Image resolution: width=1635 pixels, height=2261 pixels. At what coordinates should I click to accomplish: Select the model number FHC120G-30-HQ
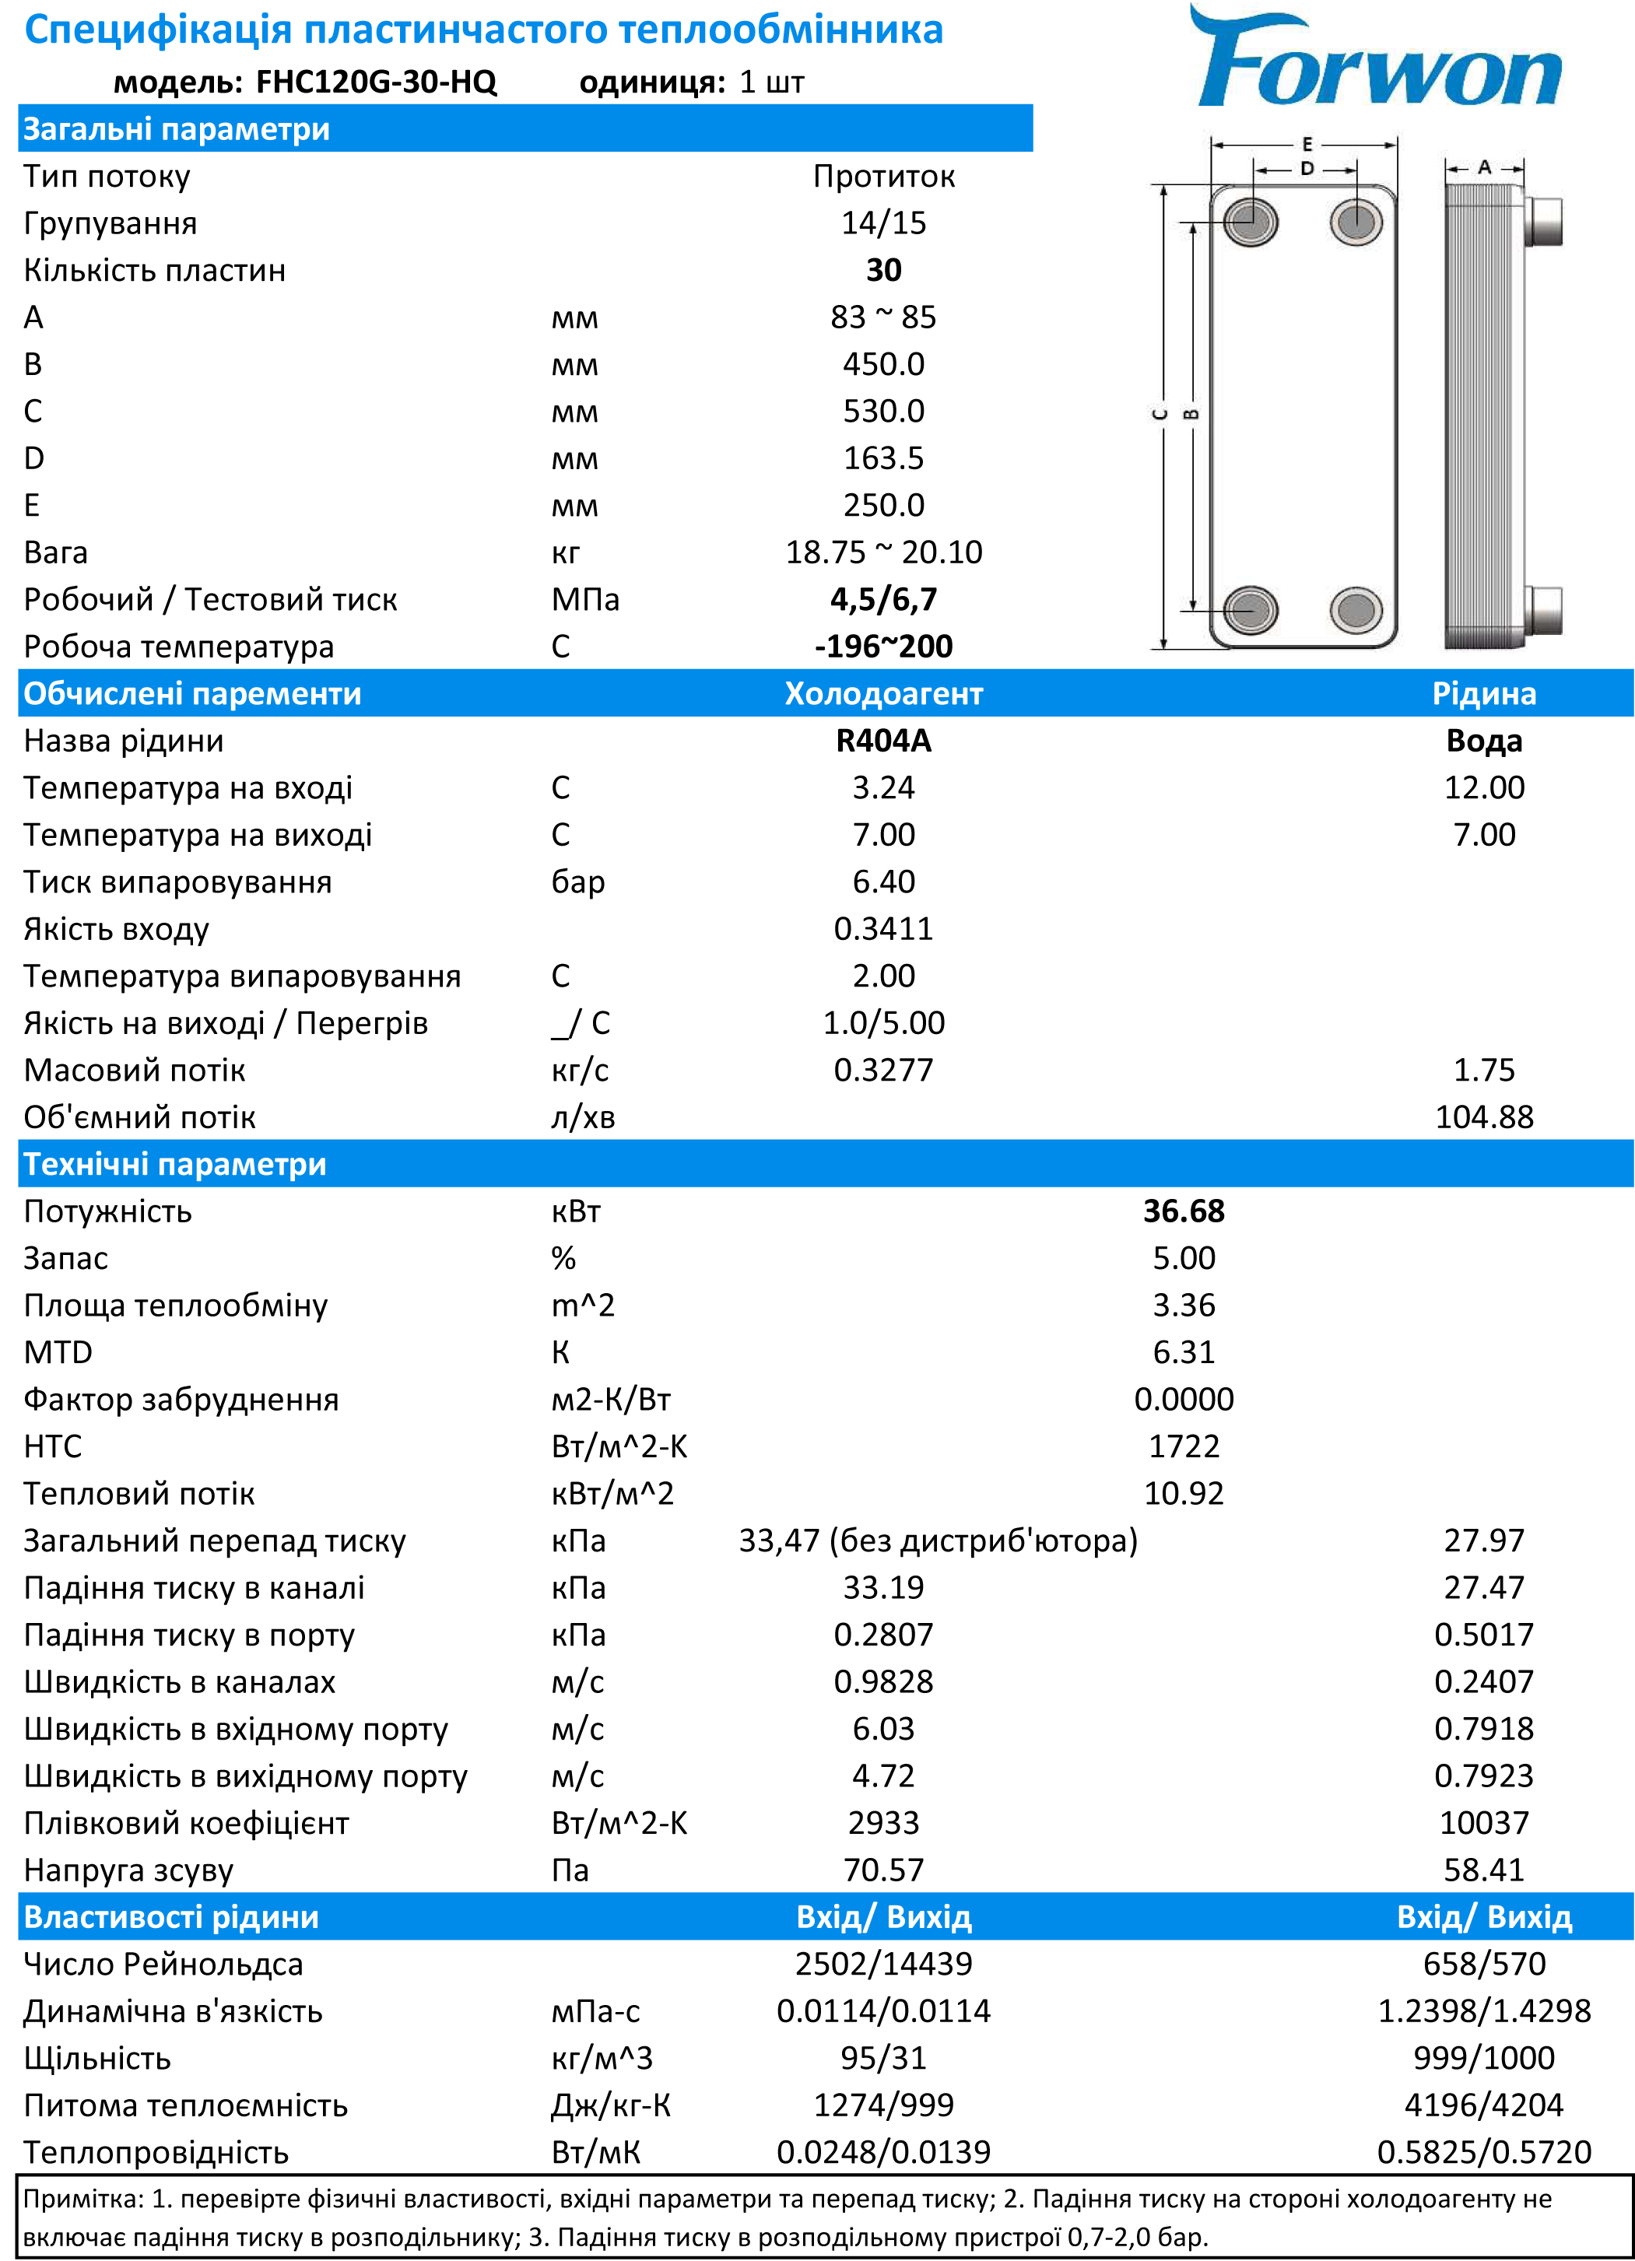click(376, 82)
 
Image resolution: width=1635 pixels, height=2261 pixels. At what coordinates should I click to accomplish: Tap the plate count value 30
click(883, 270)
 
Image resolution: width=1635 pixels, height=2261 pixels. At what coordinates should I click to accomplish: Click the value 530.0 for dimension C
click(883, 411)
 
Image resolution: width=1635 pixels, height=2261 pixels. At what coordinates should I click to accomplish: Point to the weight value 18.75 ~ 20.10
click(883, 552)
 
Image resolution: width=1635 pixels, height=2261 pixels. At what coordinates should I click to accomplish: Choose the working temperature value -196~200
click(883, 646)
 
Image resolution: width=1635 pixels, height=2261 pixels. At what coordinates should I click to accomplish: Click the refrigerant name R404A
click(883, 741)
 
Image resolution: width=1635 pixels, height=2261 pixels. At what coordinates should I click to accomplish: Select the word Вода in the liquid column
click(1483, 741)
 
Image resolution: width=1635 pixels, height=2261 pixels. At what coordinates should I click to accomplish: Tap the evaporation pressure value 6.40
click(883, 882)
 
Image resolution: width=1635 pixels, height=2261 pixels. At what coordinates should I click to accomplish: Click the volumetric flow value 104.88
click(1483, 1116)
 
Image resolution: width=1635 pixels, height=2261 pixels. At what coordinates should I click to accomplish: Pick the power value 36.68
click(1184, 1211)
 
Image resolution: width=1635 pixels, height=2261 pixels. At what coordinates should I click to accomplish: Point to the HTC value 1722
click(1184, 1446)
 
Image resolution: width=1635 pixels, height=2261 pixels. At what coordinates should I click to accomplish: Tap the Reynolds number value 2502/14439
click(883, 1964)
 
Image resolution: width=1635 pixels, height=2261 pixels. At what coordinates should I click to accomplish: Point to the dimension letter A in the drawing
click(1485, 167)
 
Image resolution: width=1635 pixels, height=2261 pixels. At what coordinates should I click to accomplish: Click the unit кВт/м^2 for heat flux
click(612, 1493)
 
